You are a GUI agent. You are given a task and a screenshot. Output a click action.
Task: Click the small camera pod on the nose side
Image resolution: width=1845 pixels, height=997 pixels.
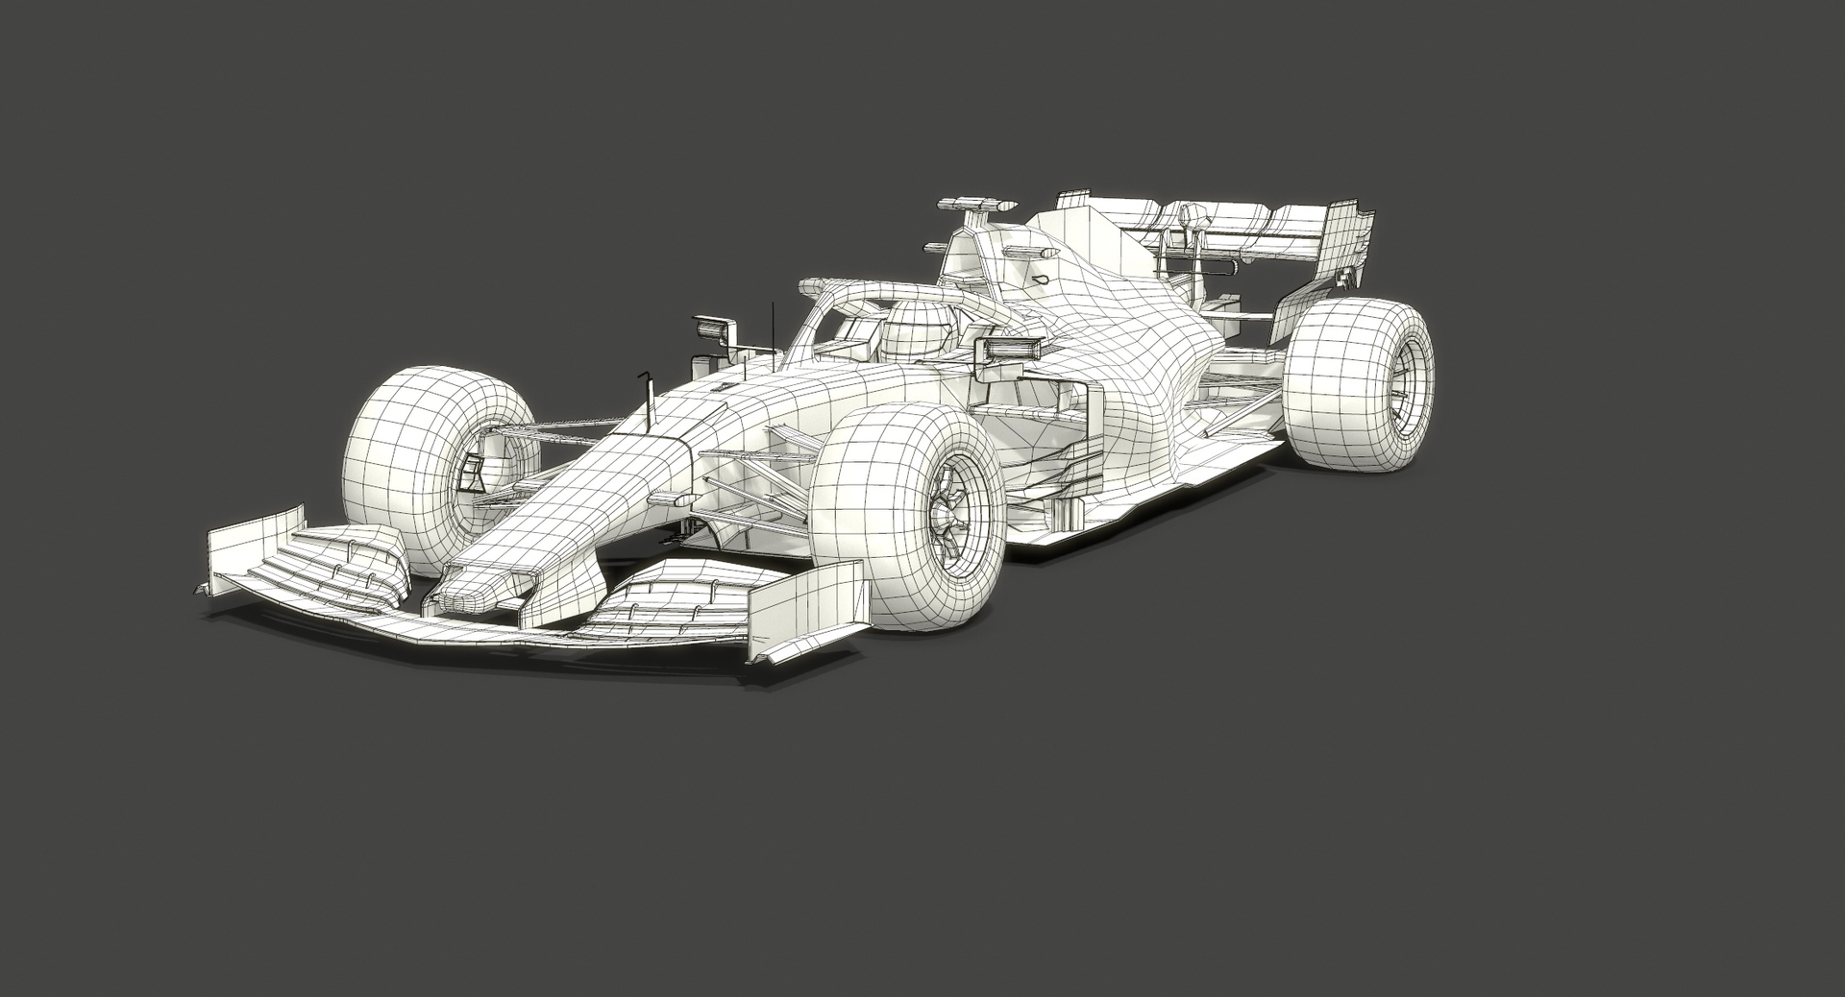671,500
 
